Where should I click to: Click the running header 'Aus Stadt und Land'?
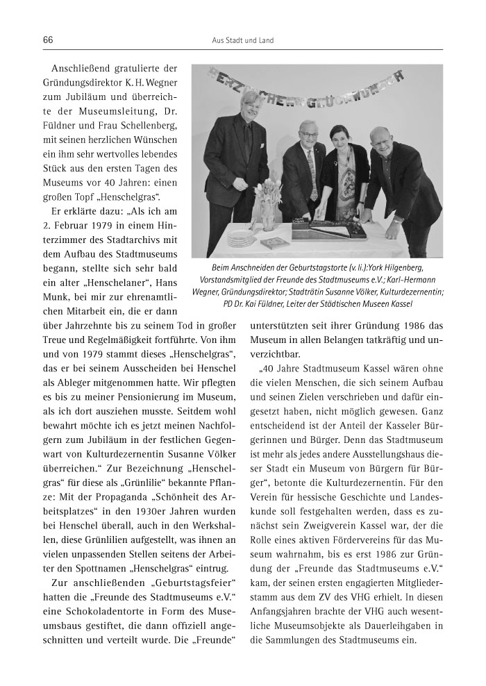point(242,41)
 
